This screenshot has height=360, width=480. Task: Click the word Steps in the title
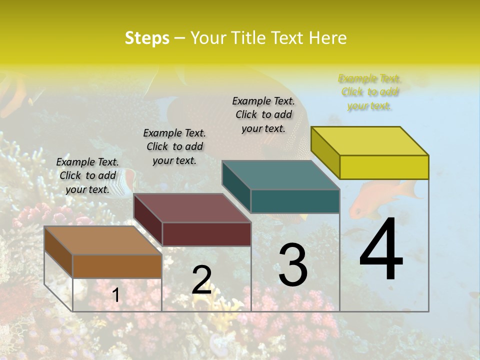tap(147, 38)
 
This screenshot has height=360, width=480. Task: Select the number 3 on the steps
tap(293, 265)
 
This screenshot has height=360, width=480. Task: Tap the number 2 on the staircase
tap(201, 280)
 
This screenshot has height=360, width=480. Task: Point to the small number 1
tap(115, 295)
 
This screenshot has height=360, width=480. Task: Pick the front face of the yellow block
tap(384, 167)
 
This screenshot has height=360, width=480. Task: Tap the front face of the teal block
tap(295, 201)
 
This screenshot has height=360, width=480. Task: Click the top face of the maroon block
tap(192, 208)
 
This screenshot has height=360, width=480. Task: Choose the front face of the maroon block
tap(206, 234)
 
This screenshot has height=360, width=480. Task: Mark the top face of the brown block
tap(103, 240)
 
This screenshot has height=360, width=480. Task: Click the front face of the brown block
tap(117, 266)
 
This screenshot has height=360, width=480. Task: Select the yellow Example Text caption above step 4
tap(369, 92)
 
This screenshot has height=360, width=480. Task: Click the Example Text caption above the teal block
tap(263, 114)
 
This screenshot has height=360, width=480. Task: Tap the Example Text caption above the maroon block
tap(174, 146)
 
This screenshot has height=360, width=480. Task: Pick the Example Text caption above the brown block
tap(87, 175)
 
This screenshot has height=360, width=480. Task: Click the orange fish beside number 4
tap(380, 197)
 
